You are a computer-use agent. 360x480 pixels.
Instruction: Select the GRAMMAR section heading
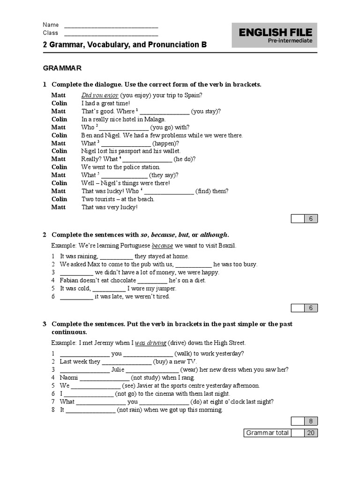point(62,68)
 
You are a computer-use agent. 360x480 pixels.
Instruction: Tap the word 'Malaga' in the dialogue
point(156,119)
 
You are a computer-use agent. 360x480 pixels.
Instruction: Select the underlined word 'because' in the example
point(162,246)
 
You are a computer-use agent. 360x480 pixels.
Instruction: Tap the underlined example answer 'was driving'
point(150,343)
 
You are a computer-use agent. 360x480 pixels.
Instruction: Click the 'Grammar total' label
point(267,433)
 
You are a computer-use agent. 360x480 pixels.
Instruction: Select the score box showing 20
point(310,433)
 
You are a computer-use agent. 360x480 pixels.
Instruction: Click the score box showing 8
point(310,421)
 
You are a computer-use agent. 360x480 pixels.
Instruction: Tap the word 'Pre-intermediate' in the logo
point(290,41)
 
